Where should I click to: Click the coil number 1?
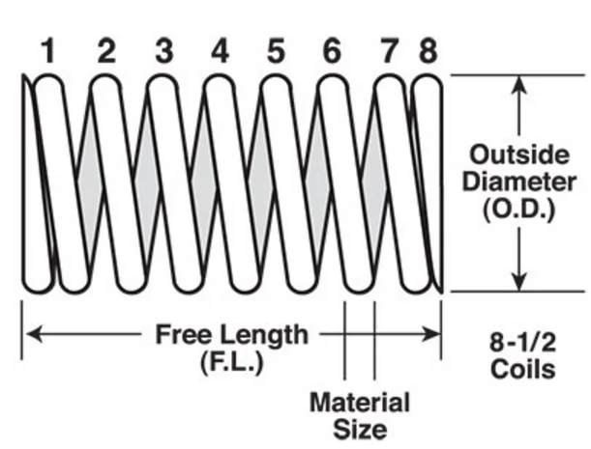coord(47,50)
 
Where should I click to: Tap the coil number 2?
coord(106,50)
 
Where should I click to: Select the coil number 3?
coord(163,50)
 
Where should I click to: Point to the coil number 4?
coord(221,50)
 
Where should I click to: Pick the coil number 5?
coord(277,50)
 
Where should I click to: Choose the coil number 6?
coord(332,50)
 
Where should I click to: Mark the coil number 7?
coord(390,50)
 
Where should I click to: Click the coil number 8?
coord(428,50)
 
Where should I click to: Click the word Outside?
coord(520,154)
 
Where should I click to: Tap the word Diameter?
coord(520,182)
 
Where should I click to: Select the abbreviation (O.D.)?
coord(520,210)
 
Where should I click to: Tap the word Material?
coord(359,402)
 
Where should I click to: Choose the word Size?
coord(359,428)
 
